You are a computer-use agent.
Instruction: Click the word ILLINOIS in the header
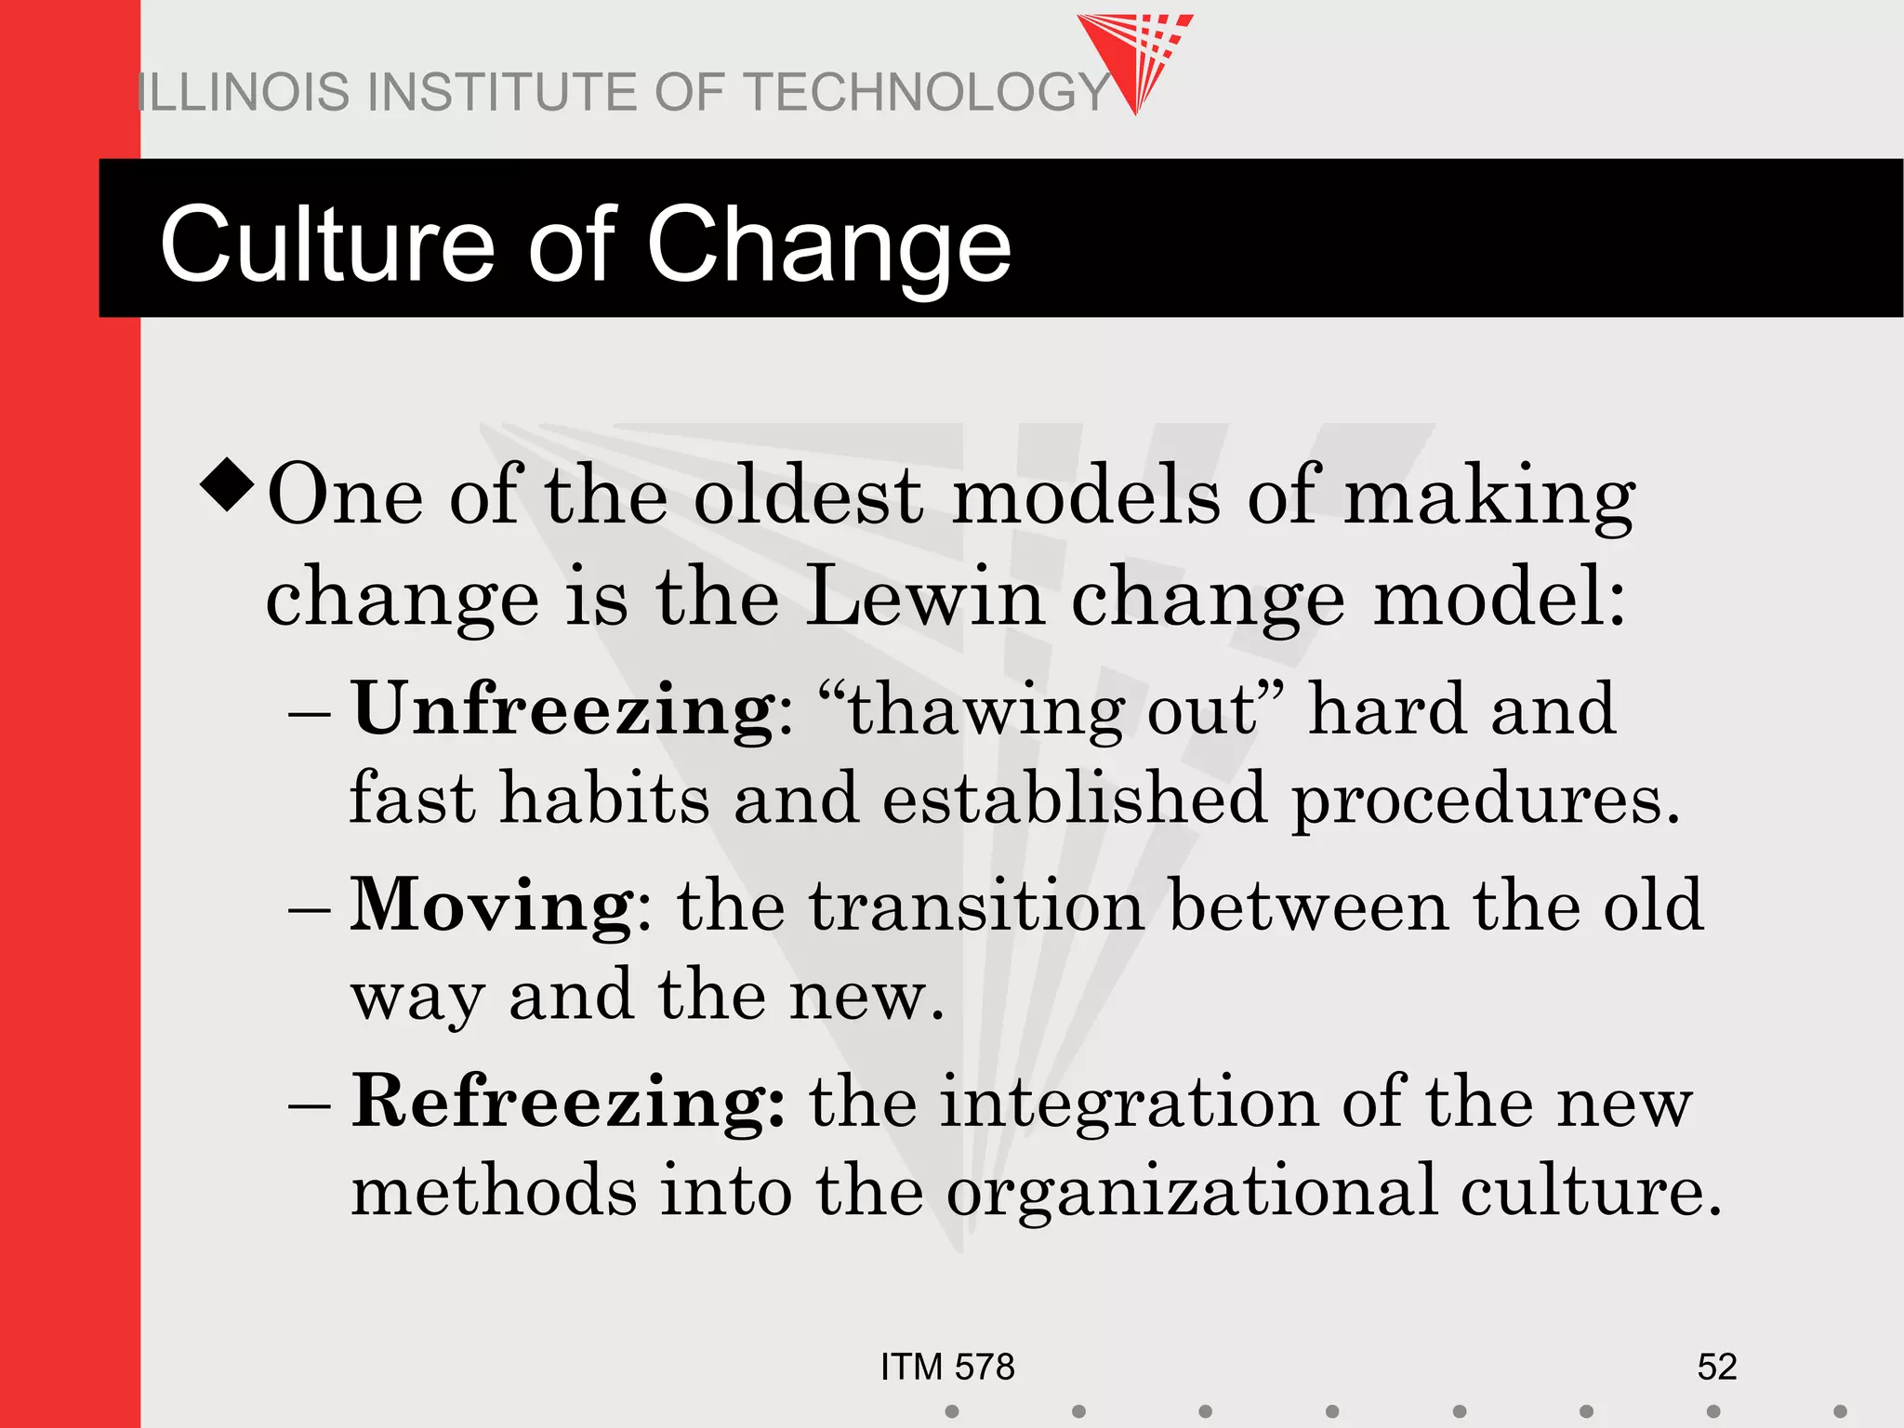point(245,93)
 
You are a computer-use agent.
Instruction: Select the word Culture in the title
point(326,245)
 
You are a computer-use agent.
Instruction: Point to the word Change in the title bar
point(827,245)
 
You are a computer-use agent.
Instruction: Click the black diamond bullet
point(227,484)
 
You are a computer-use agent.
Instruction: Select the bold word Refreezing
point(567,1103)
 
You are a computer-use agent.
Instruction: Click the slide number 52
point(1716,1367)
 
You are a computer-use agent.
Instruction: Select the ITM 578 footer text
point(947,1367)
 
